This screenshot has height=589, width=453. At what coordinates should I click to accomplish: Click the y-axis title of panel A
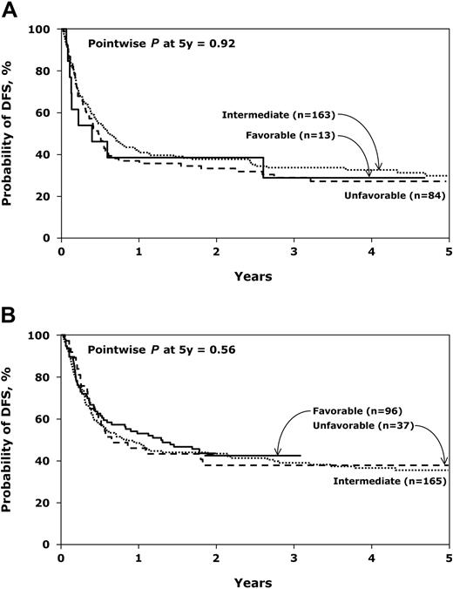[x=12, y=133]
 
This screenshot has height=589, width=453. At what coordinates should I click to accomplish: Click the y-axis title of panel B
[x=12, y=438]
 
